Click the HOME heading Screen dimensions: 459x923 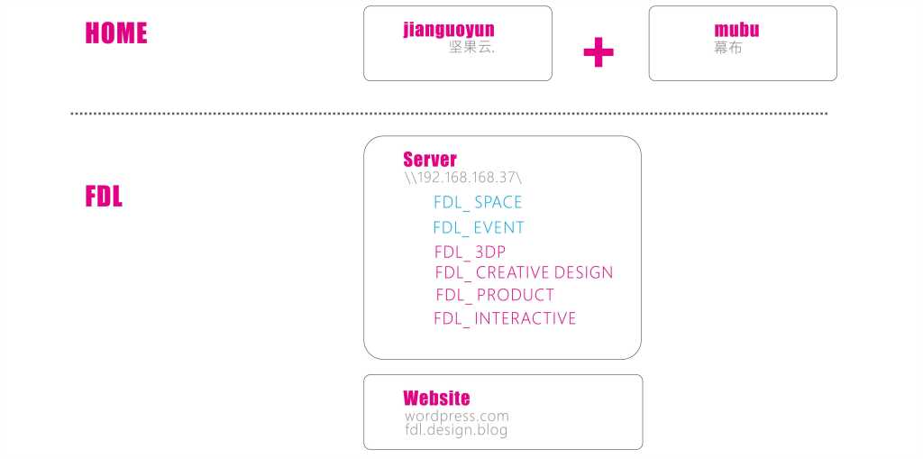tap(115, 33)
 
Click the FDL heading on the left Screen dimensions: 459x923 tap(104, 197)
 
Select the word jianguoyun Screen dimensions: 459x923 tap(449, 30)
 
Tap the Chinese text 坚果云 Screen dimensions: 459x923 tap(471, 48)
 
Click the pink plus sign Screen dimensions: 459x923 tap(599, 52)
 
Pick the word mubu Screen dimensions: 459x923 tap(736, 30)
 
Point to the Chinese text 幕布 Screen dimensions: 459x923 tap(728, 48)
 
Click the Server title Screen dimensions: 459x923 tap(430, 160)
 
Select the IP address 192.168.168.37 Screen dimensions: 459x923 tap(463, 178)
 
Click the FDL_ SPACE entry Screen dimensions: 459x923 tap(478, 202)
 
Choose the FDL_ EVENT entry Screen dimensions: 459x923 tap(478, 227)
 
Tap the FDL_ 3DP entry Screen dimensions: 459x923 tap(470, 252)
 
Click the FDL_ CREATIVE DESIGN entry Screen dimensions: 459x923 tap(524, 272)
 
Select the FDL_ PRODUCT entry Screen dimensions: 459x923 tap(495, 295)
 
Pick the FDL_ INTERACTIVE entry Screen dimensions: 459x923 tap(505, 318)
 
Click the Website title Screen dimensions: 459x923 tap(436, 398)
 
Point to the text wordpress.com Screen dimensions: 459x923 tap(457, 417)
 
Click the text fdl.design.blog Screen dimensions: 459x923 tap(456, 430)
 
